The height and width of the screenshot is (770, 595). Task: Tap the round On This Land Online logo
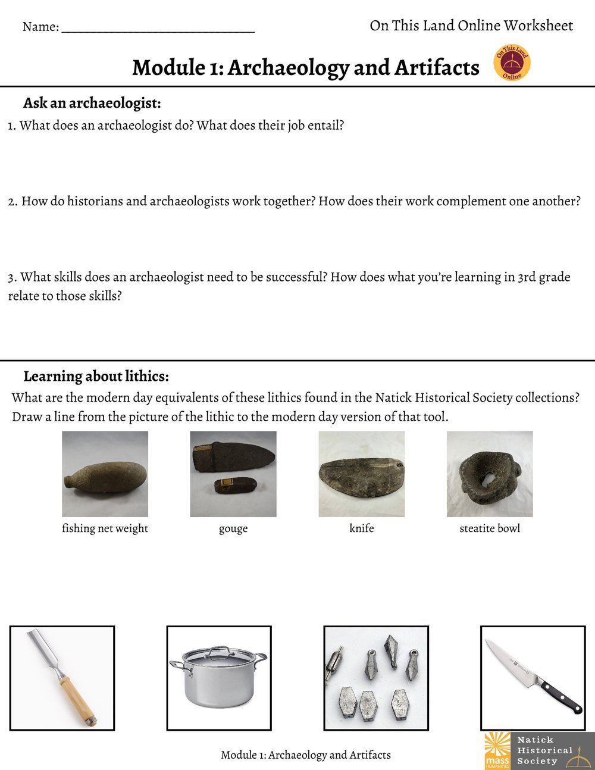tap(512, 64)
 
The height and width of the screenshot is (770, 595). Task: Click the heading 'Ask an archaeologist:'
tap(92, 103)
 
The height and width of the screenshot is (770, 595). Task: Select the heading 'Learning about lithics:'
tap(96, 376)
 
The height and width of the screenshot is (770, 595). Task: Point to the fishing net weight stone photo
tap(105, 474)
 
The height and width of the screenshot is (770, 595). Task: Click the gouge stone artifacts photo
tap(233, 474)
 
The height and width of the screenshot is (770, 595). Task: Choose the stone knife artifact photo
tap(361, 474)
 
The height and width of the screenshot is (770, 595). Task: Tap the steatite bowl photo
tap(490, 474)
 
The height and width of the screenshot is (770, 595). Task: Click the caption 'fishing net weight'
tap(105, 528)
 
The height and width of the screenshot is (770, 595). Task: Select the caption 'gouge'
tap(233, 529)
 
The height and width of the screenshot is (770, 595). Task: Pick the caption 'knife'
tap(361, 528)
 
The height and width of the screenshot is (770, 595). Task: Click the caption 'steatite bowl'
tap(490, 528)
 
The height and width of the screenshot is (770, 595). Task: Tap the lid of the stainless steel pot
tap(218, 656)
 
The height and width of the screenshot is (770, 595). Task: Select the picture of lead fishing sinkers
tap(376, 678)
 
